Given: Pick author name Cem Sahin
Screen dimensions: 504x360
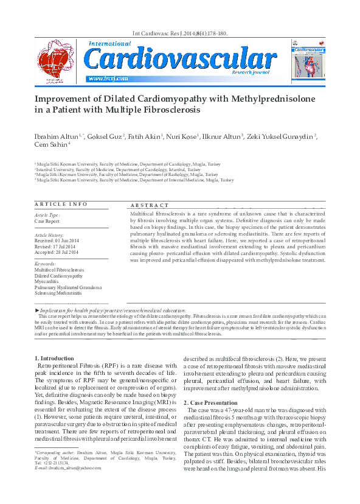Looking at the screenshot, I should (x=50, y=144).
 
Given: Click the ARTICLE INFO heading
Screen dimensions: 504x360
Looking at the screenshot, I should (x=61, y=204).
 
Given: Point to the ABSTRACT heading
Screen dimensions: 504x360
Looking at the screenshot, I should (x=149, y=206).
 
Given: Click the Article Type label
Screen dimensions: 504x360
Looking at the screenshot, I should (x=47, y=215).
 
